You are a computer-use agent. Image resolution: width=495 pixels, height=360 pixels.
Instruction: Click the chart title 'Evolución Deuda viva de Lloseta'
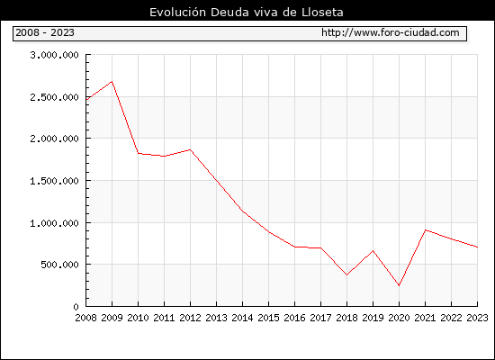[x=247, y=13]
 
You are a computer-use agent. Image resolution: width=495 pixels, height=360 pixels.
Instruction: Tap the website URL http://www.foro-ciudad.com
[x=391, y=32]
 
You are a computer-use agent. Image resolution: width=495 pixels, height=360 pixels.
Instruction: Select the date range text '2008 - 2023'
[x=45, y=32]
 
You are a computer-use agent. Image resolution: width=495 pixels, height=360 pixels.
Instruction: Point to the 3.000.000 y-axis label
[x=54, y=55]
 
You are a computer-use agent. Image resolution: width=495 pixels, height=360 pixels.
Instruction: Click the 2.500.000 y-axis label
[x=54, y=97]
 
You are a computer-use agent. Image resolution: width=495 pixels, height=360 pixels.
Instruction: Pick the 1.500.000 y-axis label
[x=54, y=181]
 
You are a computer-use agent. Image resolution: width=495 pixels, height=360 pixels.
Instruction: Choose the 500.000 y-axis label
[x=59, y=265]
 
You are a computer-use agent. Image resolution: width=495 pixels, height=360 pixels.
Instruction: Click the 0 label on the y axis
[x=76, y=307]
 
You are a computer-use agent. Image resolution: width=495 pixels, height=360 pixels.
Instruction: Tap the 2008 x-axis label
[x=85, y=318]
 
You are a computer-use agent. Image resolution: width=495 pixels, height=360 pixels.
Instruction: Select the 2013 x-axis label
[x=216, y=318]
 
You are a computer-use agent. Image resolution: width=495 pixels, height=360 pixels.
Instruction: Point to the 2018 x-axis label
[x=346, y=318]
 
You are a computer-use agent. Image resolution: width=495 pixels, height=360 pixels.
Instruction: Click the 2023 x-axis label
[x=477, y=318]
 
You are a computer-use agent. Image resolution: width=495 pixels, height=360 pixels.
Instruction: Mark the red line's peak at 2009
[x=112, y=82]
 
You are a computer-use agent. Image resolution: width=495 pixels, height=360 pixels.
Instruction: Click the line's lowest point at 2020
[x=399, y=285]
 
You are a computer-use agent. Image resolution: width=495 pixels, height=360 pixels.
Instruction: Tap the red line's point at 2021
[x=425, y=229]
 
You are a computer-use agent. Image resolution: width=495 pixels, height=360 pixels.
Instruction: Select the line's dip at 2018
[x=346, y=274]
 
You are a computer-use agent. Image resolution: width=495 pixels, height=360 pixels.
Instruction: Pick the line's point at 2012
[x=191, y=149]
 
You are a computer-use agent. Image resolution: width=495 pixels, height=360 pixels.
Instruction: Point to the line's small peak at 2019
[x=373, y=251]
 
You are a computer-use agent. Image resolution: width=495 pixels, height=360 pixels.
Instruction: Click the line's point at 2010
[x=139, y=154]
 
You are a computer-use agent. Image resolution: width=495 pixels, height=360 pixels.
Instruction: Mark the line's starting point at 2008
[x=86, y=100]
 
